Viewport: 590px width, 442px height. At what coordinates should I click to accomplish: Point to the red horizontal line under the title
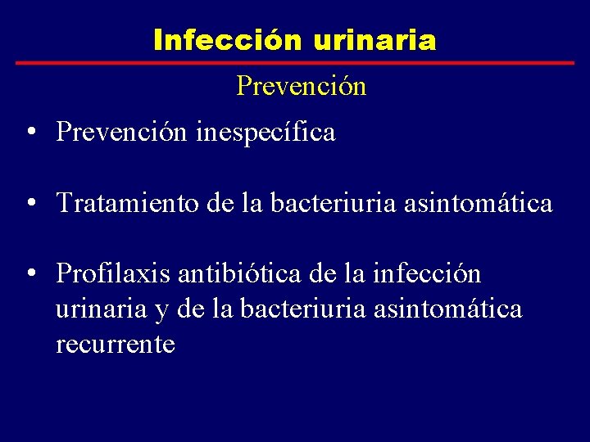point(295,63)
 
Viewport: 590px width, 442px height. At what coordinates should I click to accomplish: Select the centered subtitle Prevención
point(301,86)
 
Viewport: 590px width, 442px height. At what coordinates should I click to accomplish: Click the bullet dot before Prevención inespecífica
point(29,133)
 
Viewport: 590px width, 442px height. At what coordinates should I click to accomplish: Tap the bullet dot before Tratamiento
point(29,203)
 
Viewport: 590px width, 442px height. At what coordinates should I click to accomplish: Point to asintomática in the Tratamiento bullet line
point(479,203)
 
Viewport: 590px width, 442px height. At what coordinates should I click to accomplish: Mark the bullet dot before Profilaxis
point(29,273)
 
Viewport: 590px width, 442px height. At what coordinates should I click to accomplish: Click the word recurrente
point(116,344)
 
